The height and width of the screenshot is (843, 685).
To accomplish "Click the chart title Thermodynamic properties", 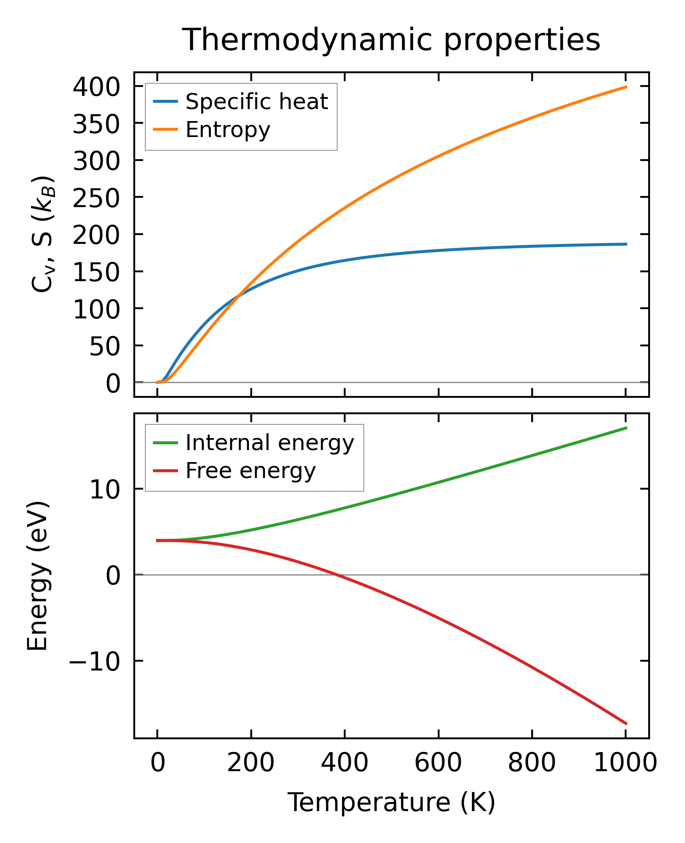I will click(391, 40).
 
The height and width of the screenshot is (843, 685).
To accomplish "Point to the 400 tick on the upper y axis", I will click(97, 86).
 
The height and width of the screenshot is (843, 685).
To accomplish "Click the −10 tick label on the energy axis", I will click(94, 661).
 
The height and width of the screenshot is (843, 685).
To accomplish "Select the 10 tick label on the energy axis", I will click(105, 490).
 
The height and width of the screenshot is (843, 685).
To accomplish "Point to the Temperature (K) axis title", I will click(391, 802).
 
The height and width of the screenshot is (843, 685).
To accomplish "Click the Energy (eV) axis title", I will click(38, 576).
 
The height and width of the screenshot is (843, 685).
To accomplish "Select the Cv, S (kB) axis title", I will click(43, 234).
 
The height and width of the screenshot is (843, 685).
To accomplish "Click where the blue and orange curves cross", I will click(239, 296).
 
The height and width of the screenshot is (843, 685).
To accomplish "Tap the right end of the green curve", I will click(626, 427).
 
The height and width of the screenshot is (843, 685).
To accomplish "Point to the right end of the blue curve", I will click(626, 244).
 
